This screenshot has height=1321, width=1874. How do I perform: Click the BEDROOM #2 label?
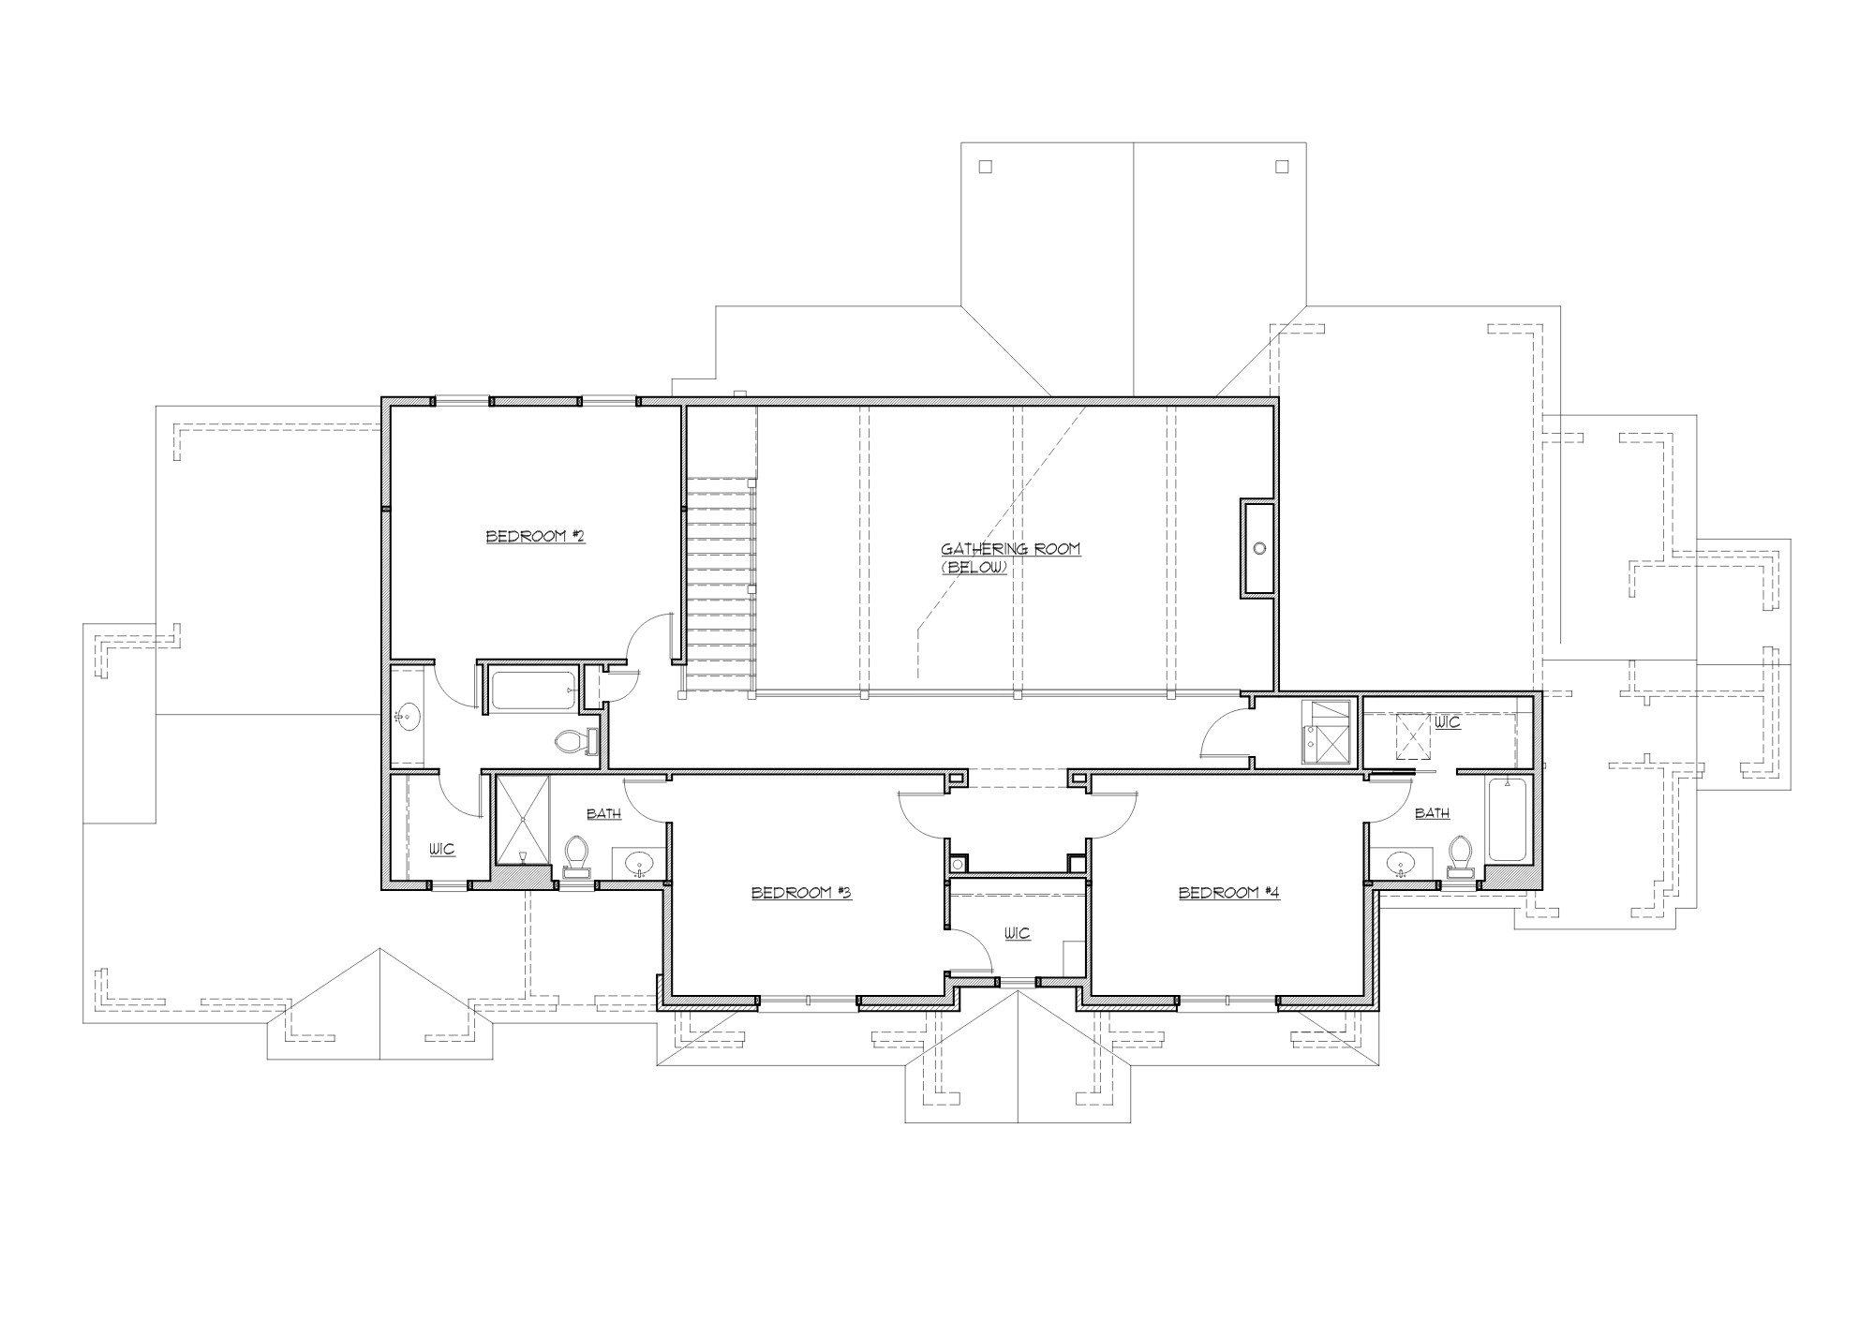coord(535,537)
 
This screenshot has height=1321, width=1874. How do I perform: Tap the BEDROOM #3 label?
coord(801,893)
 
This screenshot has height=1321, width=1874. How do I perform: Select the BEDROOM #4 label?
coord(1228,893)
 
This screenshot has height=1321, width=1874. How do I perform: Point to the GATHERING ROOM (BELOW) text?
coord(1010,557)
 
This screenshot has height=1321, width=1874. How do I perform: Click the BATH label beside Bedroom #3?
coord(603,813)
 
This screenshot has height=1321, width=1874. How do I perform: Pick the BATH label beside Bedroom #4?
coord(1432,813)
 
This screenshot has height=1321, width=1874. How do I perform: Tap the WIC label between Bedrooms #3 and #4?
coord(1017,933)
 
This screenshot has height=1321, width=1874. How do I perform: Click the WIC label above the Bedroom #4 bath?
coord(1448,723)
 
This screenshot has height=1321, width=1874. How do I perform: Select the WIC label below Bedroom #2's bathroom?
coord(442,849)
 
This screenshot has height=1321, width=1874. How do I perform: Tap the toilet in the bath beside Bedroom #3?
coord(576,854)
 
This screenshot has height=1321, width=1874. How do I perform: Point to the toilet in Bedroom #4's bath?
coord(1459,854)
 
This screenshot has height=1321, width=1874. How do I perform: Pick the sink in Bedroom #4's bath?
coord(1401,863)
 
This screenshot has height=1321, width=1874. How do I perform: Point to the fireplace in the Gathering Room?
coord(1258,548)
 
